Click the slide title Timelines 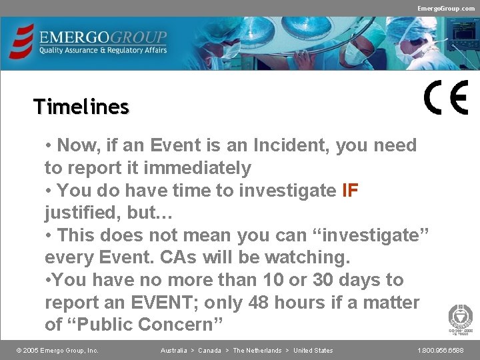pyautogui.click(x=81, y=107)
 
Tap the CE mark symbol pyautogui.click(x=446, y=97)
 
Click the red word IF pyautogui.click(x=350, y=191)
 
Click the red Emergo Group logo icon pyautogui.click(x=23, y=42)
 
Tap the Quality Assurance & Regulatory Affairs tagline pyautogui.click(x=103, y=50)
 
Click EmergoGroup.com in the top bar pyautogui.click(x=446, y=8)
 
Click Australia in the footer pyautogui.click(x=173, y=351)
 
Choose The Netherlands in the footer pyautogui.click(x=257, y=351)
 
